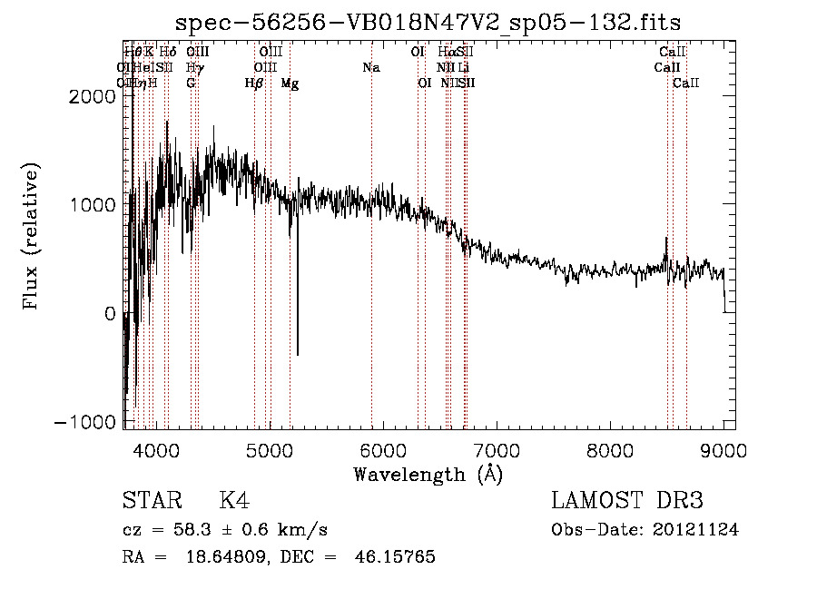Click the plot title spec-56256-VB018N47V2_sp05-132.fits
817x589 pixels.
[428, 22]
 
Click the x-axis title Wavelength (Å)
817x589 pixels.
[428, 473]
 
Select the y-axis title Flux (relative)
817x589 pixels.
[32, 235]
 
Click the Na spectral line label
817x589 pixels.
[370, 68]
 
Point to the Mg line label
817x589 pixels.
[290, 83]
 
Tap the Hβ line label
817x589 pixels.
[254, 83]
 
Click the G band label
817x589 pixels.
[191, 83]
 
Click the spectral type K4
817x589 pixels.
[234, 501]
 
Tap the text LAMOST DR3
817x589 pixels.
[627, 501]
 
